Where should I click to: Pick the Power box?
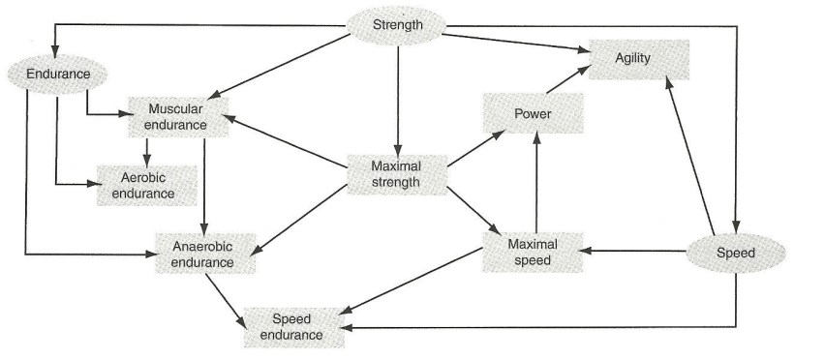point(533,115)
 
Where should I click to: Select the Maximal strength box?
point(396,174)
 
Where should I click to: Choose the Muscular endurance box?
point(176,116)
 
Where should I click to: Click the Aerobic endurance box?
point(147,185)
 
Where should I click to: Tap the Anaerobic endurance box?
point(202,252)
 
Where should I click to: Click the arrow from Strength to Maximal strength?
point(397,97)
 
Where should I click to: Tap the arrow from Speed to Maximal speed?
point(634,251)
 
